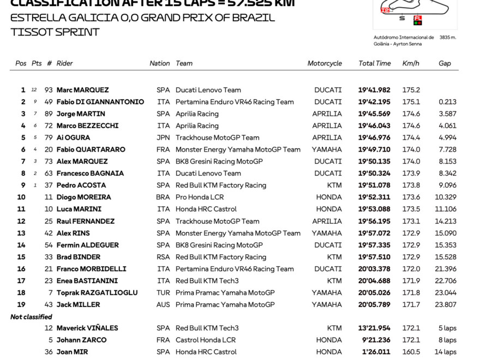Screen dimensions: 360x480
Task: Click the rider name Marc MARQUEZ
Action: pyautogui.click(x=82, y=90)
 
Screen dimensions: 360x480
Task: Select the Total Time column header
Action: pyautogui.click(x=374, y=63)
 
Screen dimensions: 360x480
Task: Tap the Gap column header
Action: pyautogui.click(x=445, y=63)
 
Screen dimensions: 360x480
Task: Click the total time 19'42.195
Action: pyautogui.click(x=374, y=102)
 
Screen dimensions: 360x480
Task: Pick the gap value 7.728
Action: pyautogui.click(x=447, y=149)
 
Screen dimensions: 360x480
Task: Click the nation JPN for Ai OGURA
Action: pyautogui.click(x=163, y=137)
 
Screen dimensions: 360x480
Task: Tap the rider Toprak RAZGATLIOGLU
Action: pyautogui.click(x=97, y=293)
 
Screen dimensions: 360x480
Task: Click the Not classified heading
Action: pyautogui.click(x=31, y=317)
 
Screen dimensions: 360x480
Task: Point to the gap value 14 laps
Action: pyautogui.click(x=447, y=352)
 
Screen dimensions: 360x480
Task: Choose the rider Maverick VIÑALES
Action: pyautogui.click(x=87, y=328)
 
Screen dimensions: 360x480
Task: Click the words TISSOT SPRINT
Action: pyautogui.click(x=55, y=32)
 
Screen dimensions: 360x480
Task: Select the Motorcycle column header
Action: pyautogui.click(x=325, y=63)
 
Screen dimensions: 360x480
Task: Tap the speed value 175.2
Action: pyautogui.click(x=411, y=90)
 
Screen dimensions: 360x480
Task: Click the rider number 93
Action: pyautogui.click(x=49, y=90)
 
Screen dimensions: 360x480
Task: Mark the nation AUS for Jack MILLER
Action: pyautogui.click(x=163, y=305)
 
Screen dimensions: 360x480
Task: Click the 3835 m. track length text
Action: pyautogui.click(x=447, y=38)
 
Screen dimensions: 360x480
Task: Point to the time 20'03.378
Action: pyautogui.click(x=374, y=269)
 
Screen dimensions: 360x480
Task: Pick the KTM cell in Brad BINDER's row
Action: pyautogui.click(x=334, y=257)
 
